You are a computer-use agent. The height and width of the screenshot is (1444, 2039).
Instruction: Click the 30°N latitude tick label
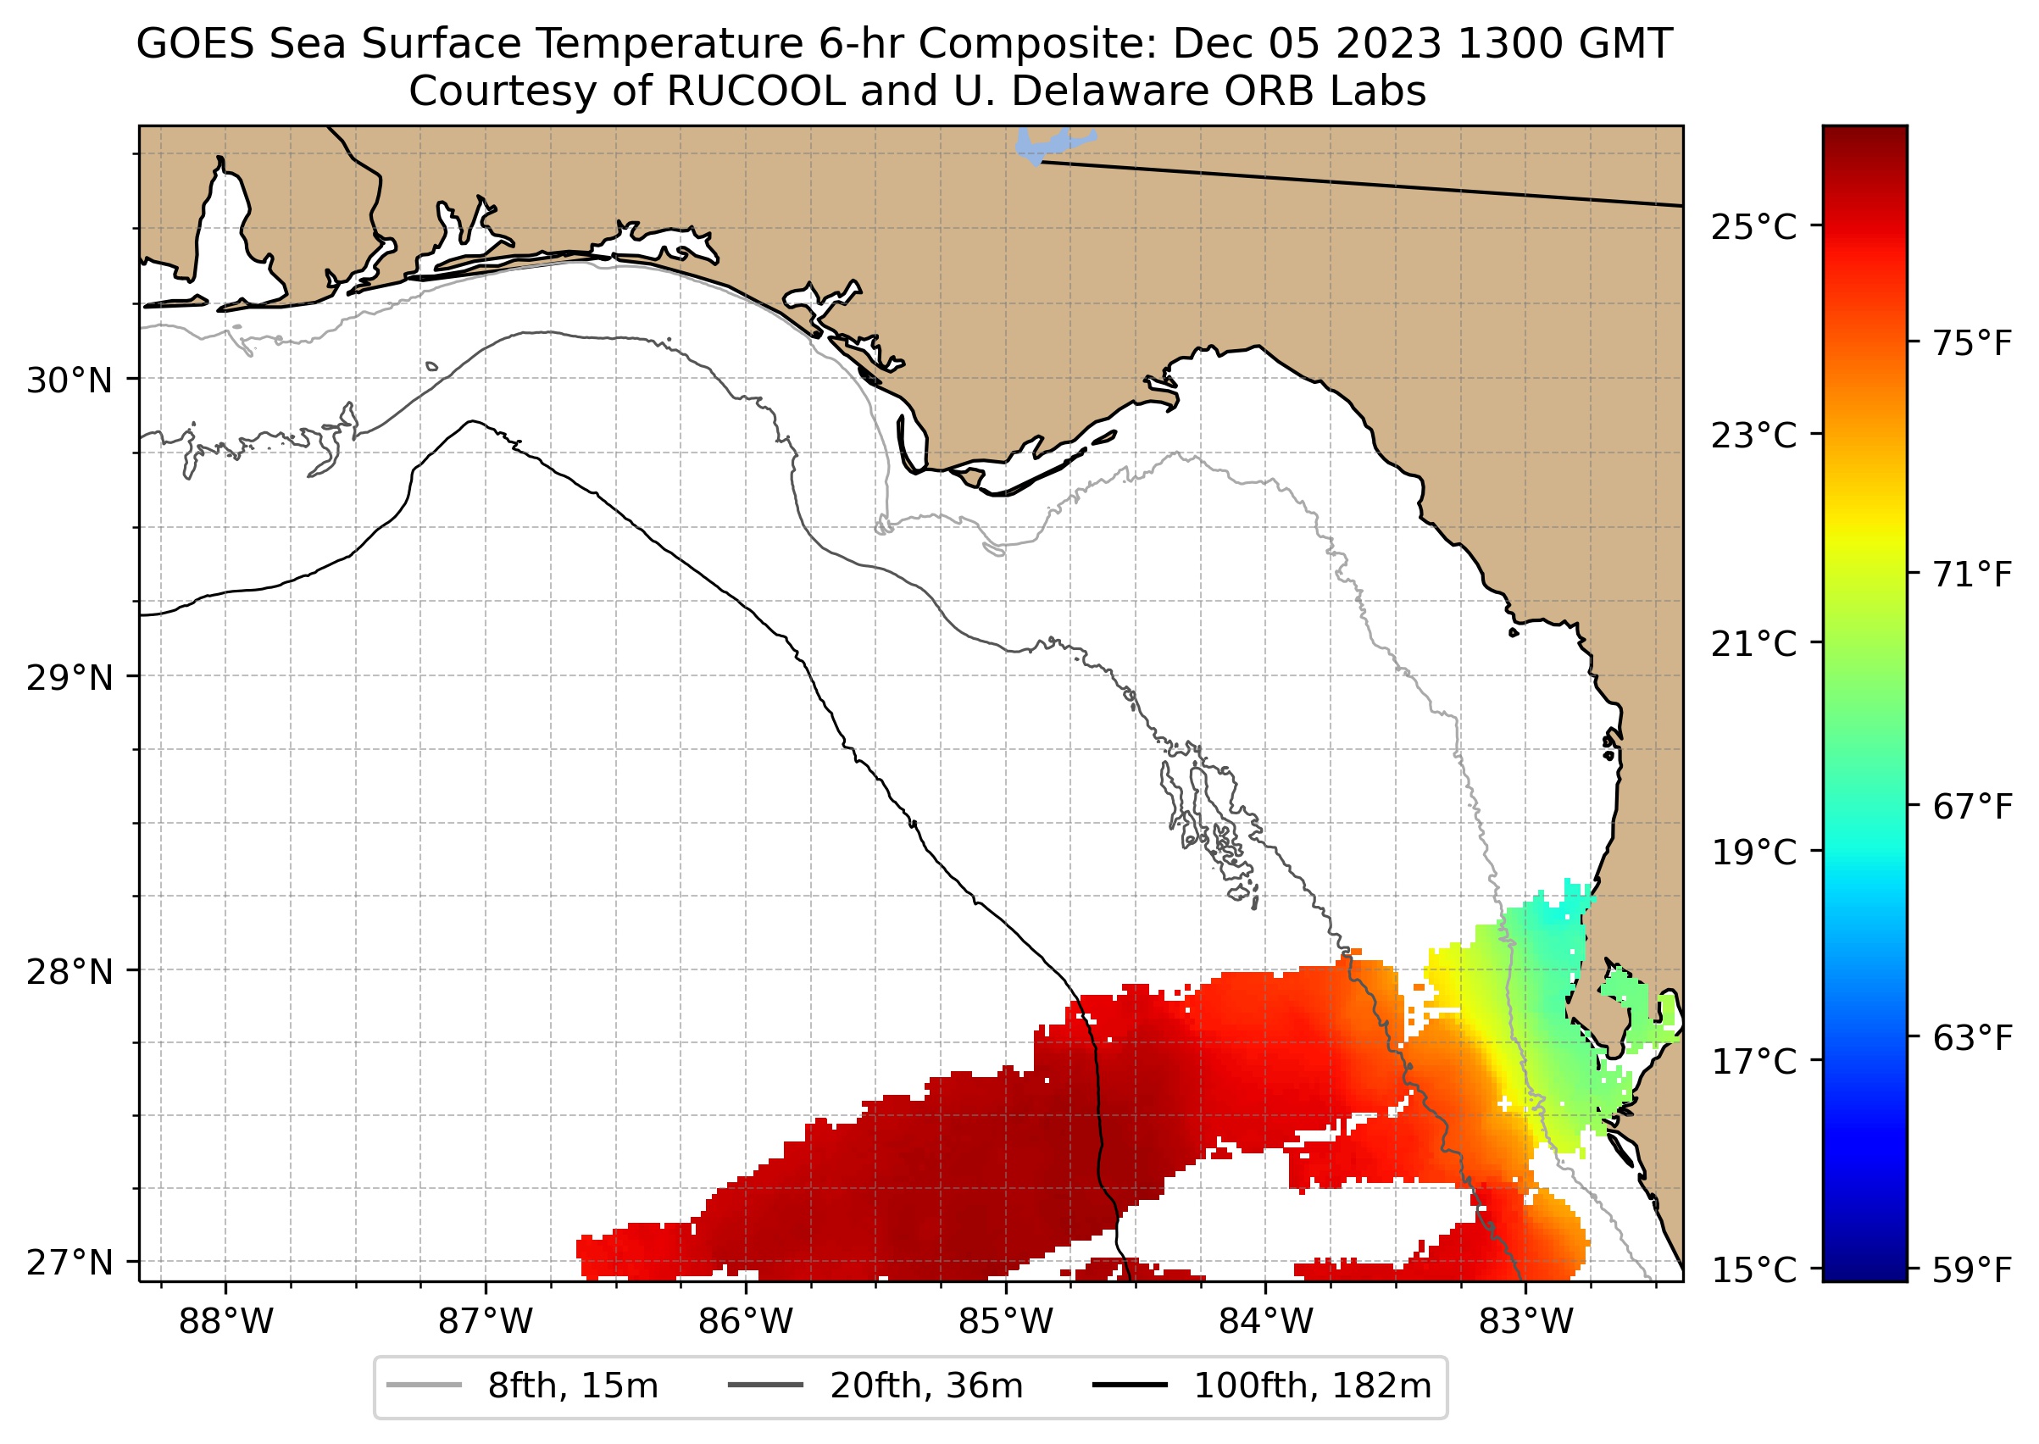[69, 380]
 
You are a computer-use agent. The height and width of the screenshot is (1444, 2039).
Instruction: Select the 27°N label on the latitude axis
[69, 1262]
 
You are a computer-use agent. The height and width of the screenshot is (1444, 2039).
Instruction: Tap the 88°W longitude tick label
[226, 1322]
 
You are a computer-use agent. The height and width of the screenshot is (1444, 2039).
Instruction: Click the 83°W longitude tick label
[1526, 1322]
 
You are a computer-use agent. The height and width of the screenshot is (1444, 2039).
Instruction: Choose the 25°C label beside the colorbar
[1753, 228]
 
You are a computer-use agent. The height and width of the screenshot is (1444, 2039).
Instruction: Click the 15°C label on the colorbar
[1753, 1270]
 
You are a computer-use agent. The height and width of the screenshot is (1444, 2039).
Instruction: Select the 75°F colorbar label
[1971, 343]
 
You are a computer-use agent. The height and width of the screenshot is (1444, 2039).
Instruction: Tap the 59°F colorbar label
[1971, 1270]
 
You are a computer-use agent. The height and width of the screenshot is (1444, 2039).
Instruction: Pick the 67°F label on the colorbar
[1971, 808]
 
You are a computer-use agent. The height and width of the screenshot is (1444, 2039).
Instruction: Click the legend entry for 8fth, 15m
[573, 1386]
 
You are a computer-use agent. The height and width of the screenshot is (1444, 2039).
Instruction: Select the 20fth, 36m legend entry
[925, 1386]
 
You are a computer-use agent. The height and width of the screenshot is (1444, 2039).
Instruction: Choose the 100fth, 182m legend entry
[1312, 1386]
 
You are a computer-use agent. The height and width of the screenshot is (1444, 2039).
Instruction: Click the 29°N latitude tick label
[69, 678]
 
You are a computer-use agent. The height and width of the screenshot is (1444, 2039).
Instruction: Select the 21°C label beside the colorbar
[1753, 644]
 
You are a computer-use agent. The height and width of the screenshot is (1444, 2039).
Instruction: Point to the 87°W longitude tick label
[486, 1322]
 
